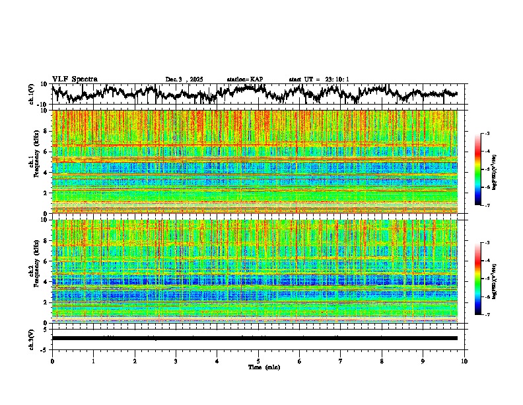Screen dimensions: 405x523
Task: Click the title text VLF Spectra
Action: tap(75, 79)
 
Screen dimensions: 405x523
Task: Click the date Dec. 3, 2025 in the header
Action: tap(184, 79)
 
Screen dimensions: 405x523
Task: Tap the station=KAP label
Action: tap(245, 79)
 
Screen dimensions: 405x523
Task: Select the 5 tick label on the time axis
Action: tap(258, 361)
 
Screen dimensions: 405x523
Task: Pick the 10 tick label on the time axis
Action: tap(464, 361)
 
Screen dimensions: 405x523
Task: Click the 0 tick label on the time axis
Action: tap(52, 361)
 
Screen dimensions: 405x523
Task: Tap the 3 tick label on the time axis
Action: tap(176, 361)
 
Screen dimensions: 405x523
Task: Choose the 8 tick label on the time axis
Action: tap(382, 361)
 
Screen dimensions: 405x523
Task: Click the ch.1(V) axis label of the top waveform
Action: tap(32, 94)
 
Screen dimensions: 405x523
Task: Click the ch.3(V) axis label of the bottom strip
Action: tap(32, 338)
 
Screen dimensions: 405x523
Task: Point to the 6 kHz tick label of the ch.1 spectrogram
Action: tap(46, 152)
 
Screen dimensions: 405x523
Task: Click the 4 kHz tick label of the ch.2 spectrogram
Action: tap(46, 281)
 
